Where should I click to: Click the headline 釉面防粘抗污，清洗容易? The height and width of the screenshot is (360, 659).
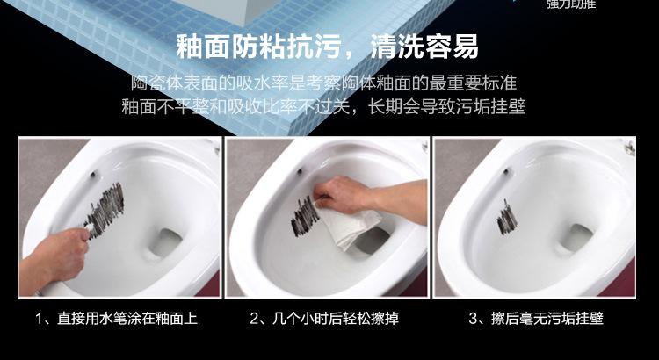click(x=327, y=47)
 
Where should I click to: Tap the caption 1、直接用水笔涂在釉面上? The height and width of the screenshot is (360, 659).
click(x=116, y=318)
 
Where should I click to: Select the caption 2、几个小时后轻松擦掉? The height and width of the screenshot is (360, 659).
click(x=324, y=318)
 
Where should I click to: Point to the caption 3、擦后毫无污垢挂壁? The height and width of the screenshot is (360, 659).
click(x=536, y=318)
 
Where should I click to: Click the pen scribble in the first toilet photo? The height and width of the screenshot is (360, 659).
click(x=105, y=210)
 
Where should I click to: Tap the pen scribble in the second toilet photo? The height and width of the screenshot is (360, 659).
click(x=304, y=216)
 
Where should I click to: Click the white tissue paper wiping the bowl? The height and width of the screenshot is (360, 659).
click(x=349, y=224)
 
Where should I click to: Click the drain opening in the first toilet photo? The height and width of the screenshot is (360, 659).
click(x=165, y=242)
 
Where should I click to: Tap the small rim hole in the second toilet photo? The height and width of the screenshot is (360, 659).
click(x=300, y=171)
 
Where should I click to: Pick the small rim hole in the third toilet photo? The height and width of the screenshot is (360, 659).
click(x=507, y=172)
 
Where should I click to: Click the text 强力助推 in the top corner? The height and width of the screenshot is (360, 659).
click(x=571, y=4)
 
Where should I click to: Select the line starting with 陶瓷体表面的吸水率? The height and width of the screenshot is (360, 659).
click(x=323, y=83)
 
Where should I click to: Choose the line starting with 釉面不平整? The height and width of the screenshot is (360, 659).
click(x=323, y=106)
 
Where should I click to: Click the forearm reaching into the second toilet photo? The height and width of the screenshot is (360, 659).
click(x=397, y=201)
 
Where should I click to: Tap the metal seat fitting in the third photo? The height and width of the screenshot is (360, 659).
click(x=629, y=147)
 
